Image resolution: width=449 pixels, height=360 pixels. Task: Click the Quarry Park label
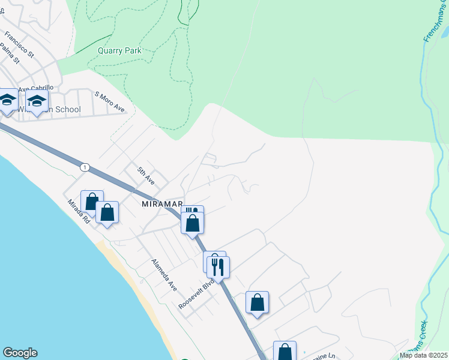tap(119, 51)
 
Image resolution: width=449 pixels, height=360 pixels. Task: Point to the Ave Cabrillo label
tap(35, 88)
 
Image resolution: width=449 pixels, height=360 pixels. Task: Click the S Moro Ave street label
tap(110, 102)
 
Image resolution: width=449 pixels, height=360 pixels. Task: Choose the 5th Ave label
tap(145, 175)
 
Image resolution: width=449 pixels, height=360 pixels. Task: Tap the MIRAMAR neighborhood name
tap(160, 204)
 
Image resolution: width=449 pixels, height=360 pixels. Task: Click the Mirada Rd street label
tap(78, 211)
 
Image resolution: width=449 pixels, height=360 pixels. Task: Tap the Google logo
tap(20, 353)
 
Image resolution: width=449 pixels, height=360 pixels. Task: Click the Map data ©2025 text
tap(423, 355)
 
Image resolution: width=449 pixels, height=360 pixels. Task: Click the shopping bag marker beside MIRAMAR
tap(193, 223)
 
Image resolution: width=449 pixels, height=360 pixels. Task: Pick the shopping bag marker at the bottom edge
tap(285, 352)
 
